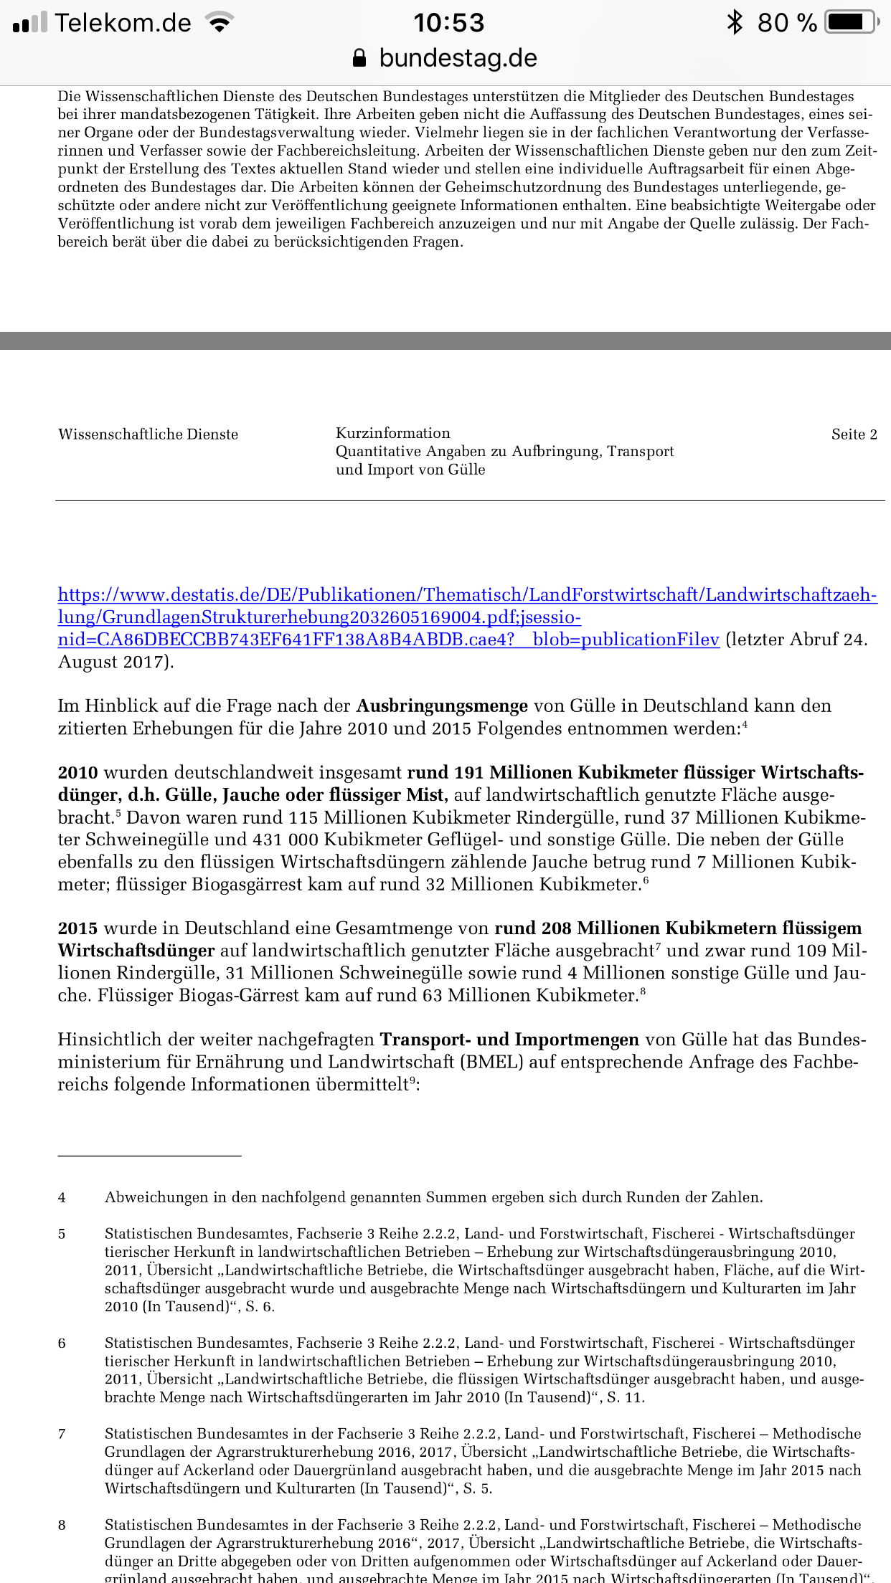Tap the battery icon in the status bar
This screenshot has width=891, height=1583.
pyautogui.click(x=851, y=22)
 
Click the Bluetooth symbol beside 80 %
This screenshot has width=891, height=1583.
pyautogui.click(x=735, y=22)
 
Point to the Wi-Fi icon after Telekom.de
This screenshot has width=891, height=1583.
pyautogui.click(x=220, y=23)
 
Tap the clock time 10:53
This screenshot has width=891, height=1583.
pyautogui.click(x=448, y=23)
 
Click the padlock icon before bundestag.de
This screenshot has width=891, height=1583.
pyautogui.click(x=360, y=58)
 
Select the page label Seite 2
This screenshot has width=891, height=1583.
pyautogui.click(x=854, y=434)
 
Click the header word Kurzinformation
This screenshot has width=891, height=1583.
pyautogui.click(x=393, y=433)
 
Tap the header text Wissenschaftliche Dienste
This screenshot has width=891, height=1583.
pyautogui.click(x=148, y=434)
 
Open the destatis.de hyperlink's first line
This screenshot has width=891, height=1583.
pyautogui.click(x=467, y=595)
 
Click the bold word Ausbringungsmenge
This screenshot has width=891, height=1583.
pyautogui.click(x=442, y=706)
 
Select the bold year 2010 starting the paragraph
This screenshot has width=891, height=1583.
pyautogui.click(x=77, y=773)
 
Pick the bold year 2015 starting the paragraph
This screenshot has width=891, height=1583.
pyautogui.click(x=77, y=928)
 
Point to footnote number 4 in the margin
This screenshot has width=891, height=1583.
pyautogui.click(x=62, y=1197)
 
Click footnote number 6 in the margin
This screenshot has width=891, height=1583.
pyautogui.click(x=62, y=1343)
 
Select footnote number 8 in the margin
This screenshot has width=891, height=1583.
pyautogui.click(x=62, y=1525)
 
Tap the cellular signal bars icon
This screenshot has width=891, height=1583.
pyautogui.click(x=30, y=23)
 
